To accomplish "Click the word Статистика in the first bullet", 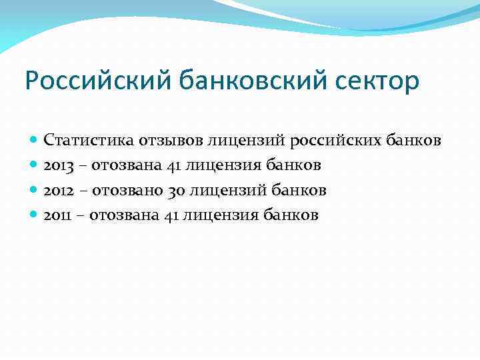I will pyautogui.click(x=89, y=141).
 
